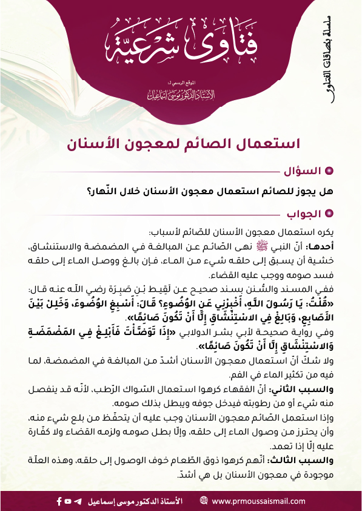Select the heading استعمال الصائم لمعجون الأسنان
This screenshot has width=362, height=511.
(181, 144)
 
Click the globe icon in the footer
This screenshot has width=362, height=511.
(203, 501)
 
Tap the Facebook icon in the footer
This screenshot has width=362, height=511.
(59, 501)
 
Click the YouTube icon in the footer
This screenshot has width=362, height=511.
(69, 501)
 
